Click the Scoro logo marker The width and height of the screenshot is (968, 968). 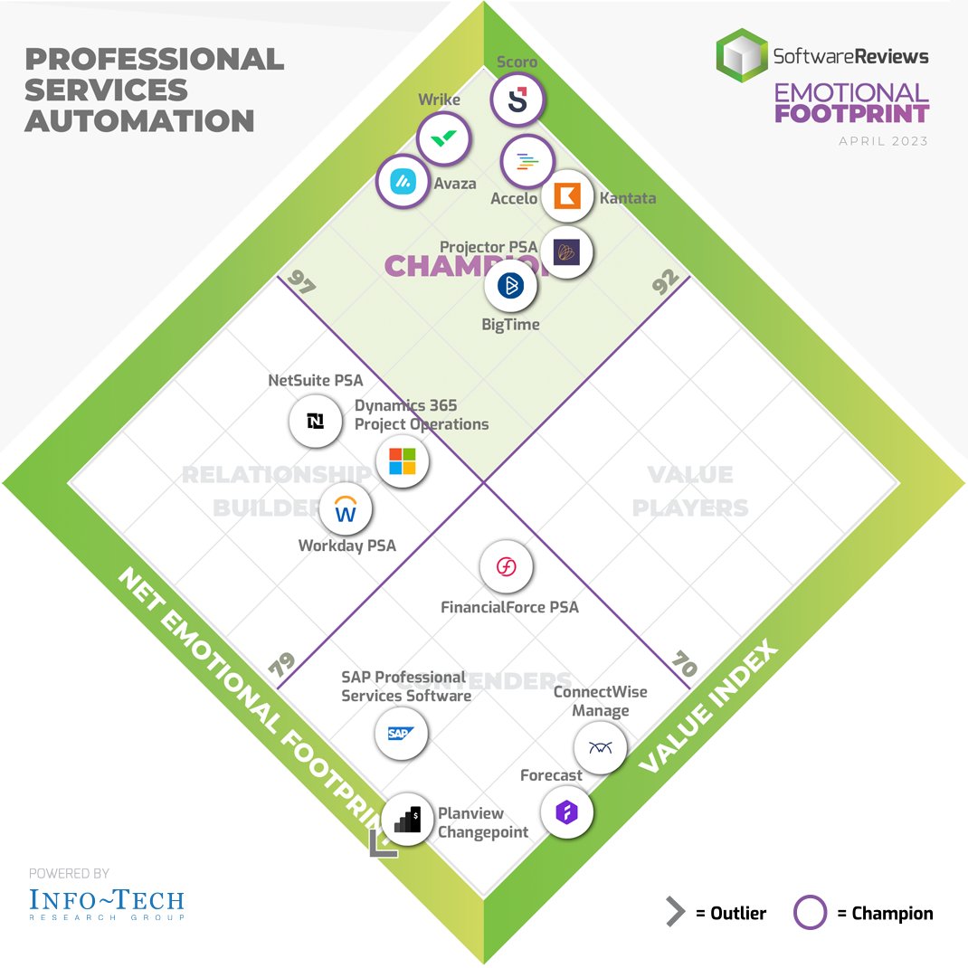(x=517, y=100)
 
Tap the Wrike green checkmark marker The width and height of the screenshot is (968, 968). (x=443, y=138)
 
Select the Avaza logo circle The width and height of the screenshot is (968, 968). (x=402, y=182)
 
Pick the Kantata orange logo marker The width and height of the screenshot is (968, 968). (x=567, y=195)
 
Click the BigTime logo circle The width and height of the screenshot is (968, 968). (x=511, y=286)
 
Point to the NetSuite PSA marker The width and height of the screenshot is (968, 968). (x=316, y=421)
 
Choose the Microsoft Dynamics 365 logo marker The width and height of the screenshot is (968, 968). (x=402, y=460)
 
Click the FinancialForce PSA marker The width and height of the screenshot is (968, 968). (x=507, y=567)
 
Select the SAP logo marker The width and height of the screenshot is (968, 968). (x=401, y=733)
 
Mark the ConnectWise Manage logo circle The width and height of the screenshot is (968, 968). (x=600, y=747)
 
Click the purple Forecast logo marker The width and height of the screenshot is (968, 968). (x=566, y=812)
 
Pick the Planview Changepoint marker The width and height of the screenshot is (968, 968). (x=406, y=819)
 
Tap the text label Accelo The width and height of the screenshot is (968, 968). (x=514, y=198)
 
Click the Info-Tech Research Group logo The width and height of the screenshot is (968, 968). (x=106, y=902)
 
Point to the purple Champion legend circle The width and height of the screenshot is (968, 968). (x=810, y=913)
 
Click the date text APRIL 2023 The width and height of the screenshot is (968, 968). (x=883, y=141)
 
